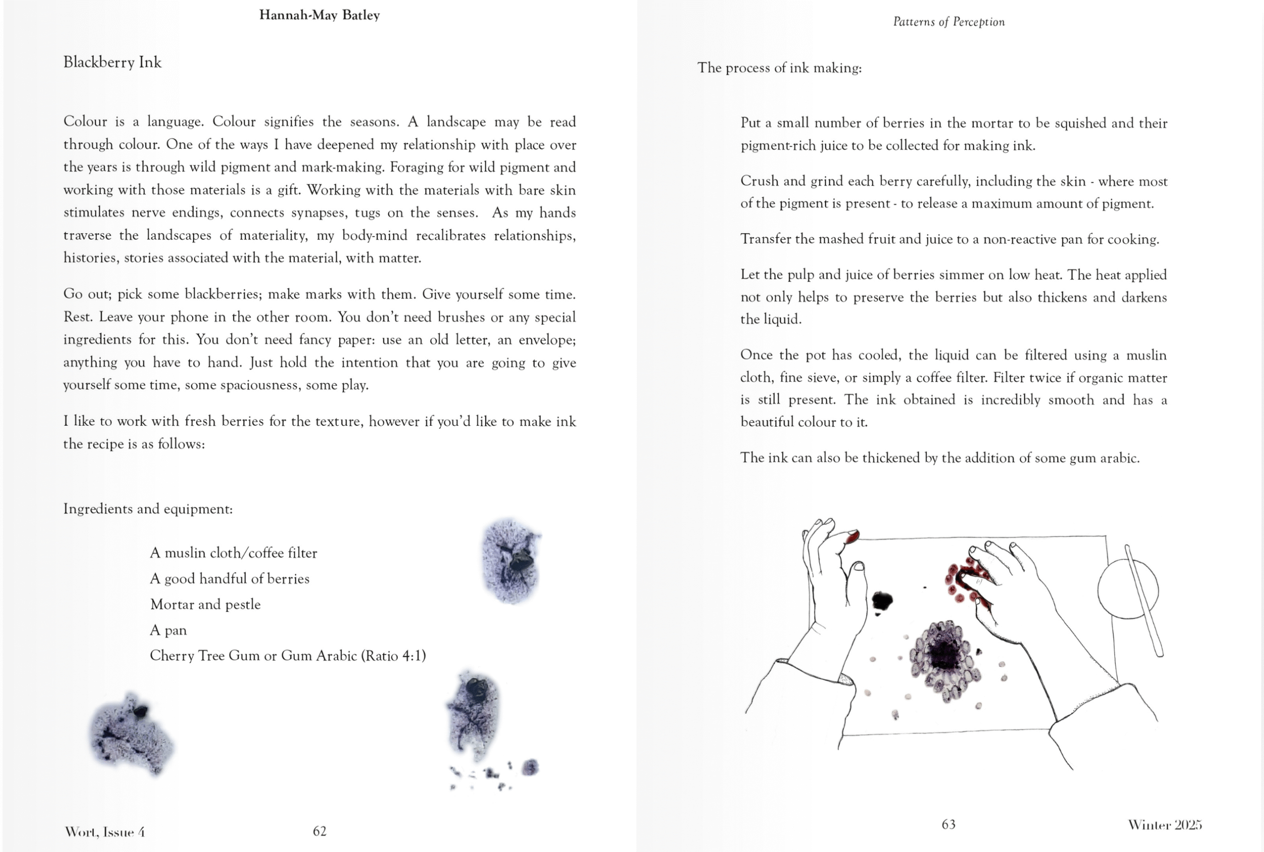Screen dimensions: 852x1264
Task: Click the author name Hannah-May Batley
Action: [319, 15]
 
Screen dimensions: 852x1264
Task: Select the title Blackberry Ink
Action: [112, 62]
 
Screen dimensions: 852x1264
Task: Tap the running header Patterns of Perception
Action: [949, 22]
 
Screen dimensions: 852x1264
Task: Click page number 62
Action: [320, 831]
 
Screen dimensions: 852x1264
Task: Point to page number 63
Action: [949, 824]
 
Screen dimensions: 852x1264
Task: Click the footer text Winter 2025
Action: [1164, 825]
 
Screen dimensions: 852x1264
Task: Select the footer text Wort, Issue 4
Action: [104, 832]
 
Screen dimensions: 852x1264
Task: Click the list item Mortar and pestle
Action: [205, 604]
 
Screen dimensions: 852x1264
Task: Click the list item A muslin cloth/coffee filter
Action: [233, 553]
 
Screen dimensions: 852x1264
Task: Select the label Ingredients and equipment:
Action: [148, 509]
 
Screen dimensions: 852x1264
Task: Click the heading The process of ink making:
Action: [779, 68]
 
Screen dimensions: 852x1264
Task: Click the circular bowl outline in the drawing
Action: [1127, 590]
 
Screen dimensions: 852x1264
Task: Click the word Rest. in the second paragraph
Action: [77, 317]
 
